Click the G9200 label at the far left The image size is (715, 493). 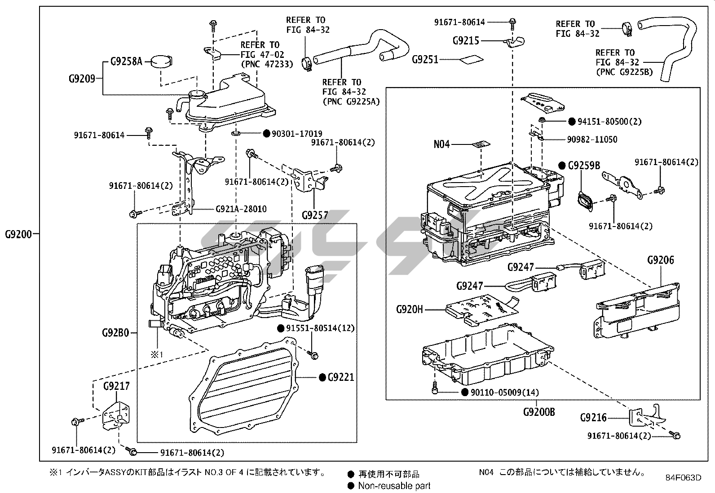(18, 234)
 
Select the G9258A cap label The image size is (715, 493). (126, 61)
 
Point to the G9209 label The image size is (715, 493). (82, 79)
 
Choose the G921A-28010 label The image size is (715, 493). (241, 209)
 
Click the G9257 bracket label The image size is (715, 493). (315, 215)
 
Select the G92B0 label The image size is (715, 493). (115, 333)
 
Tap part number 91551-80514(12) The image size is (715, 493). (320, 328)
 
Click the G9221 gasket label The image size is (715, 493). (341, 377)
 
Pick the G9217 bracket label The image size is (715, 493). (116, 386)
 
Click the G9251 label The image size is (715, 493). (425, 59)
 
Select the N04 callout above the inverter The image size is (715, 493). (441, 144)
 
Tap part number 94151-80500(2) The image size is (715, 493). (609, 122)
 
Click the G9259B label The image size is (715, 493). (584, 166)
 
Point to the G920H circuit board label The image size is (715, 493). (409, 309)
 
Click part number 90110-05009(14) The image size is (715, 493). (505, 393)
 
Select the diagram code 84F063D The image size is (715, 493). (683, 477)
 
